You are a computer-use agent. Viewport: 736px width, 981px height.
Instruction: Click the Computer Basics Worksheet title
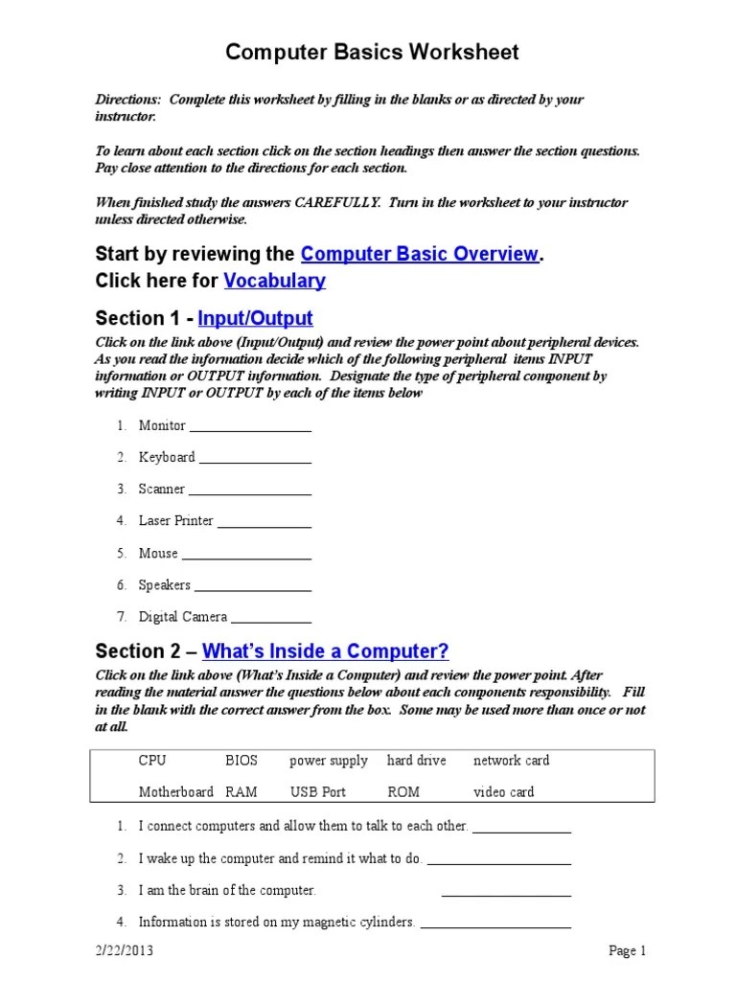372,53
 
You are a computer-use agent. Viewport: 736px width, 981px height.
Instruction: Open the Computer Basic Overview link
419,254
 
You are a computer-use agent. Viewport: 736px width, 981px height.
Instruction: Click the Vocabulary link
274,281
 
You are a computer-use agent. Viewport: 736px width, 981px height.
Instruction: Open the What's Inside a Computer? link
325,651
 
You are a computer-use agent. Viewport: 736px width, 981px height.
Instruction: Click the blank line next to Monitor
250,428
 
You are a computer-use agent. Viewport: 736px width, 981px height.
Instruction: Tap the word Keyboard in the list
167,457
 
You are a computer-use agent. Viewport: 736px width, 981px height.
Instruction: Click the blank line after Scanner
250,492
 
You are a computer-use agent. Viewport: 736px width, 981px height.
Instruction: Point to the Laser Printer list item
175,521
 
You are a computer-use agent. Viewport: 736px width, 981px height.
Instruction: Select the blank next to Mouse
246,557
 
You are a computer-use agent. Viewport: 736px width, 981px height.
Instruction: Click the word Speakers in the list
164,585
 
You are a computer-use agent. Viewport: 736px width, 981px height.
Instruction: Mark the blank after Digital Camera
271,621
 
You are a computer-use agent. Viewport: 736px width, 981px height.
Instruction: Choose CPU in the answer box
152,761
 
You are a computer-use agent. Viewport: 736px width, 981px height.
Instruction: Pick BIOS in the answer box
241,761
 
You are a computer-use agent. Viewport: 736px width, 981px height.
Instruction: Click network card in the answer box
511,761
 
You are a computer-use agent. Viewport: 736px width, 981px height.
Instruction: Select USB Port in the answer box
318,792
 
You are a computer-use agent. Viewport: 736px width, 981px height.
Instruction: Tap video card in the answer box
504,792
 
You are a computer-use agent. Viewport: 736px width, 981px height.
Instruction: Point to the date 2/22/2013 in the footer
125,951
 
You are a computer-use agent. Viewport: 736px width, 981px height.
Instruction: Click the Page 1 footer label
628,951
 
